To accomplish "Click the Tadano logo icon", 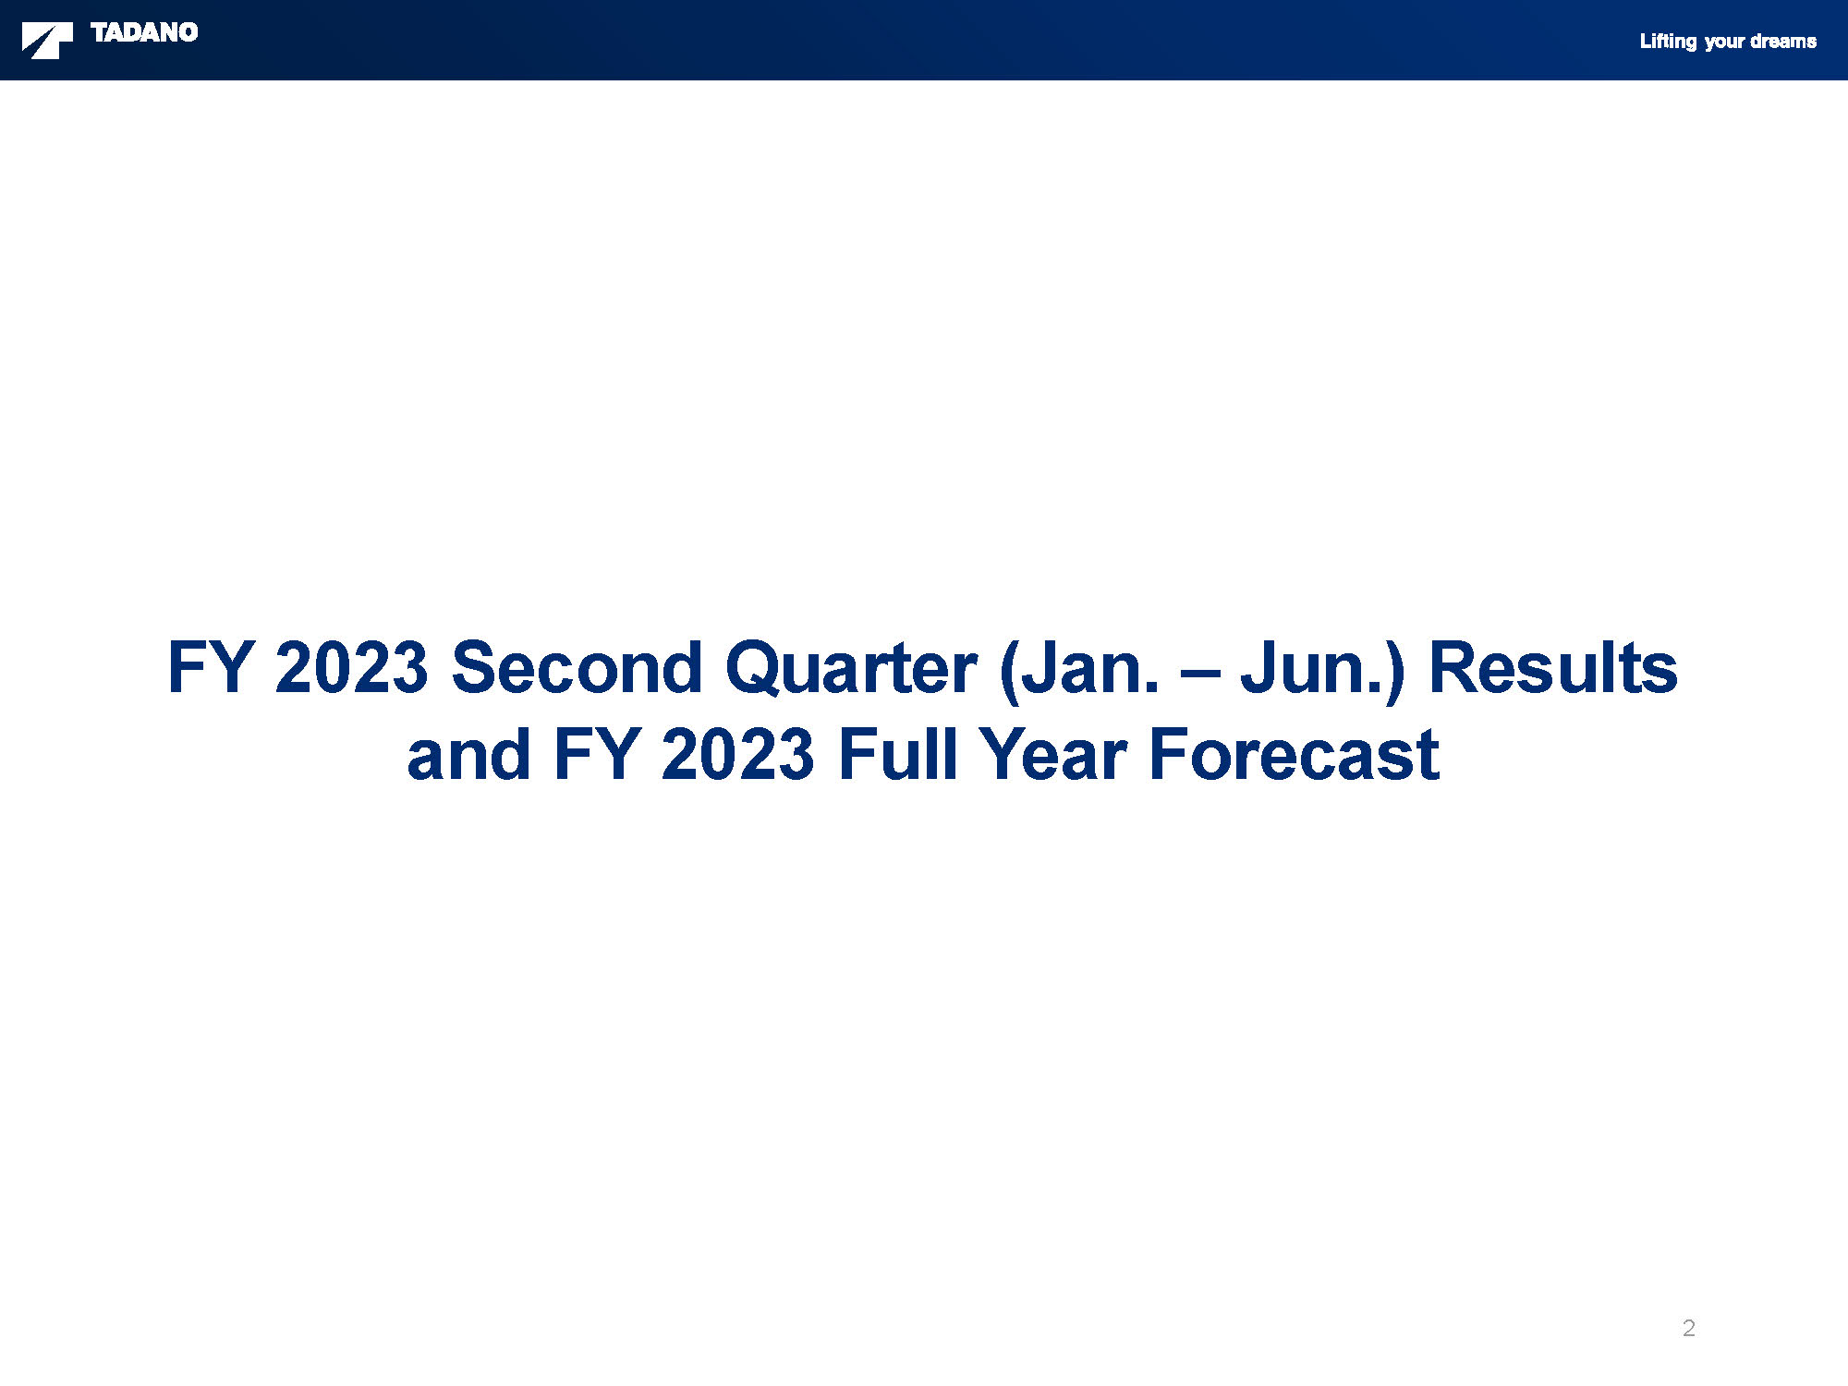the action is [x=47, y=42].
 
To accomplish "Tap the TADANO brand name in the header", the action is [x=144, y=32].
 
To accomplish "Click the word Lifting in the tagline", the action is [x=1668, y=42].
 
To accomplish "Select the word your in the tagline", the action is [x=1724, y=43].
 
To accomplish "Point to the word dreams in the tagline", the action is [x=1783, y=42].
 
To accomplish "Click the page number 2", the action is [x=1689, y=1328].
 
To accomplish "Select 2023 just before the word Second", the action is [x=351, y=667].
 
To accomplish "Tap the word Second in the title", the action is [x=577, y=667].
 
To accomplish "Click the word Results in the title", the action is [x=1553, y=667].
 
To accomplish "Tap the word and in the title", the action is [x=468, y=754].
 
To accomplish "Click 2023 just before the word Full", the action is [x=737, y=755].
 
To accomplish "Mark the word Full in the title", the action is [x=896, y=754].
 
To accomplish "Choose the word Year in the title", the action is [x=1052, y=754].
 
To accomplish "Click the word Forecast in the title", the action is [x=1294, y=754].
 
